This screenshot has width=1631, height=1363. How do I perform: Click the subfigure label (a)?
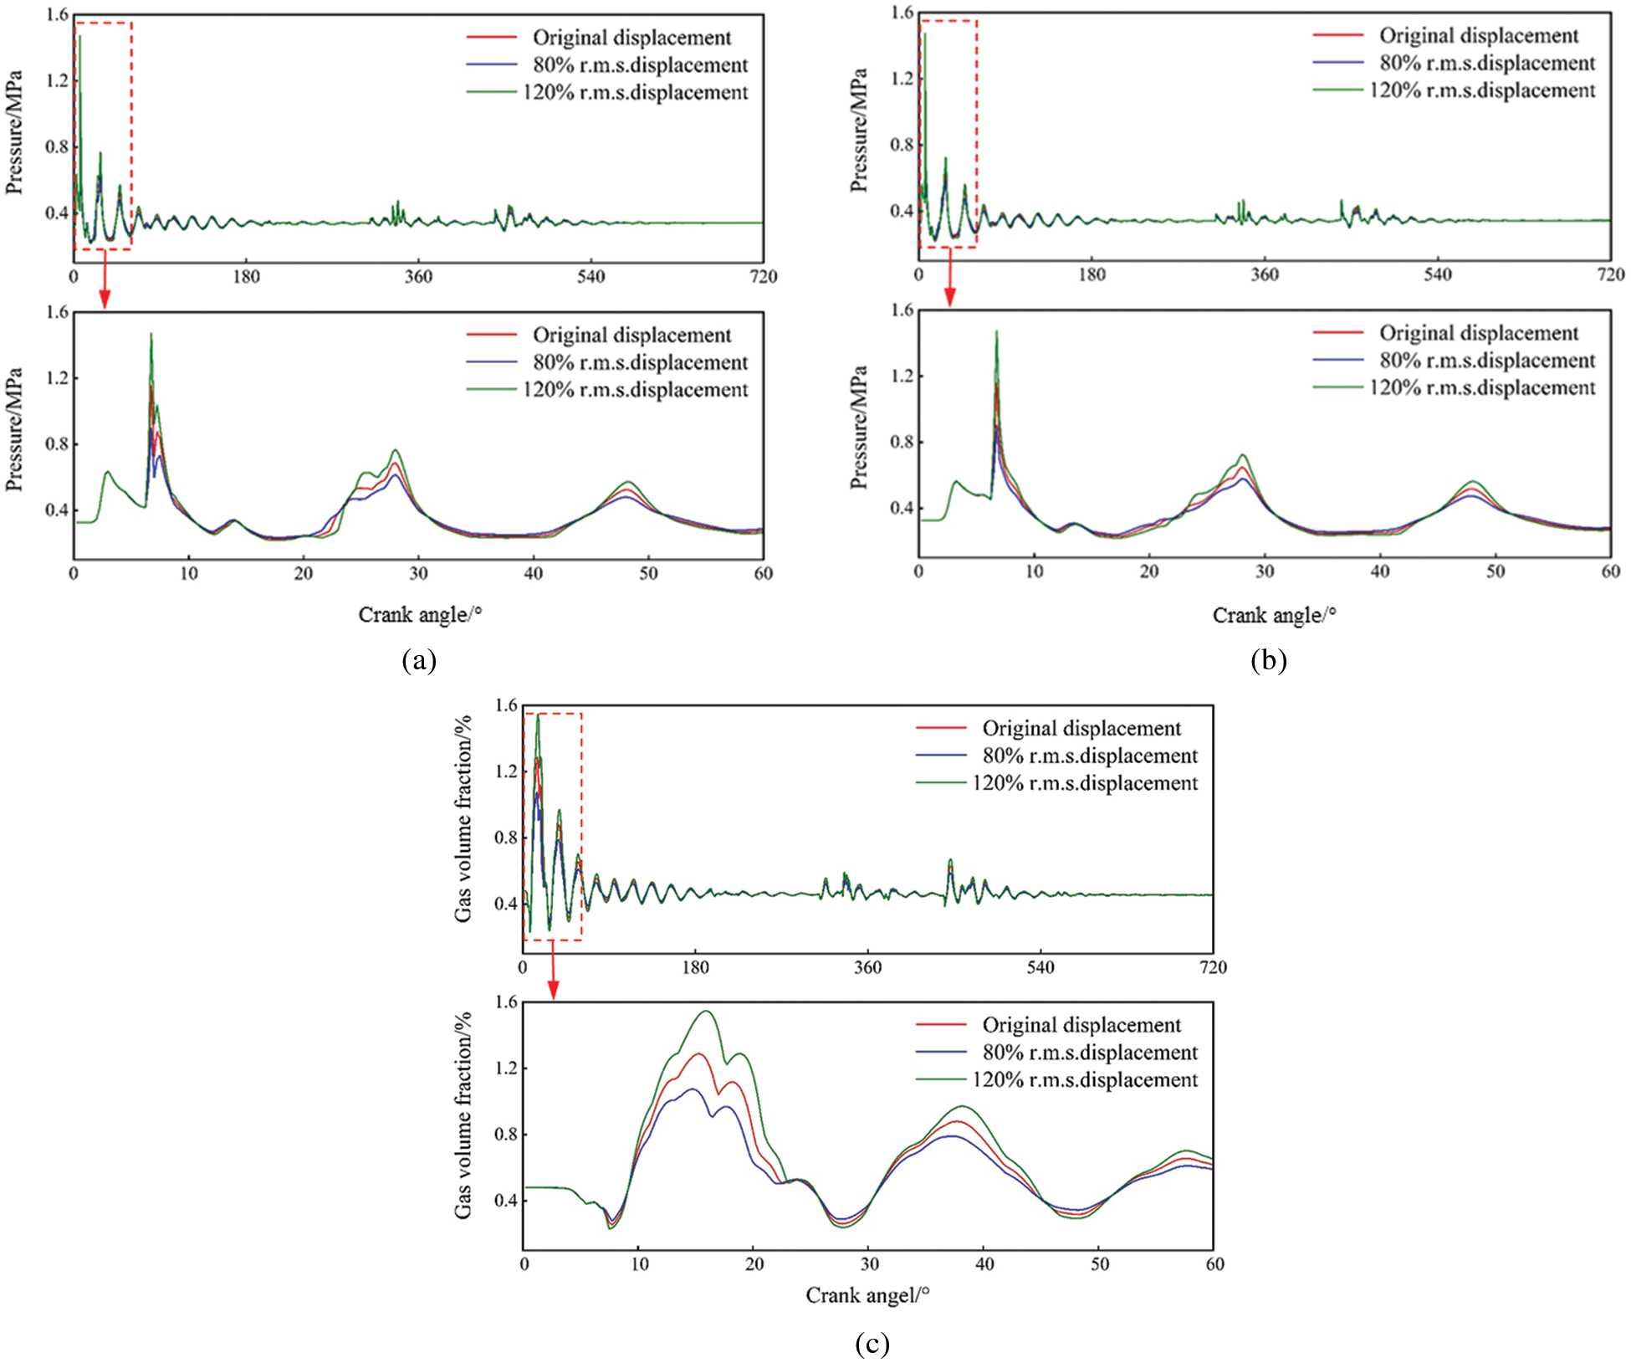[x=419, y=661]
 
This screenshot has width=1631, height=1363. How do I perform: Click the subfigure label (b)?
[x=1268, y=661]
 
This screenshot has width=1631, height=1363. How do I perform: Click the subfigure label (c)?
[x=872, y=1344]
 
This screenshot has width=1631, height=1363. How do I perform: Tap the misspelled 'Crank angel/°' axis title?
[x=867, y=1296]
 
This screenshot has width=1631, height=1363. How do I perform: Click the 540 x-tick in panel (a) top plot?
[x=591, y=277]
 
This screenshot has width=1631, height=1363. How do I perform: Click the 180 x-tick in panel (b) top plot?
[x=1092, y=275]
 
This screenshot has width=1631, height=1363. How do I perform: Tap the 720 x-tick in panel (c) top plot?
[x=1213, y=968]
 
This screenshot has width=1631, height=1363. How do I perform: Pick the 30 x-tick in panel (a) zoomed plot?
[x=418, y=574]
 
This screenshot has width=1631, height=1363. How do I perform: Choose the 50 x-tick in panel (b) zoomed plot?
[x=1495, y=572]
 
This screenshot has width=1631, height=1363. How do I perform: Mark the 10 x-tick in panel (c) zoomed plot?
[x=639, y=1264]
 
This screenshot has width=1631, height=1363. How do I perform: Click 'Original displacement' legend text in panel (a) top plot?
[x=631, y=38]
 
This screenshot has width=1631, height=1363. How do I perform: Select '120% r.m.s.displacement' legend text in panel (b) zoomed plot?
[x=1481, y=388]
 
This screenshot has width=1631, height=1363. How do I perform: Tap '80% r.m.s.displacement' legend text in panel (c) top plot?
[x=1089, y=756]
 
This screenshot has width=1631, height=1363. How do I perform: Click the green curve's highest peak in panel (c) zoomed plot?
[x=707, y=1012]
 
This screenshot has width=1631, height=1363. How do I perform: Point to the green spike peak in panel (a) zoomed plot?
[x=151, y=334]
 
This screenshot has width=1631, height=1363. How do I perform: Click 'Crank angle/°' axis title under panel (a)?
[x=420, y=615]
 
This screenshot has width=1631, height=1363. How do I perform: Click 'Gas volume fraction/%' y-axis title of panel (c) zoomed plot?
[x=463, y=1115]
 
